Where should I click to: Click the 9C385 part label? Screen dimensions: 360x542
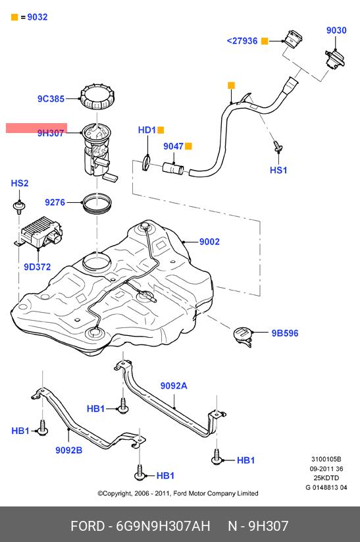pos(51,99)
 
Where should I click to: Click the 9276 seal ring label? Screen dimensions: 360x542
pos(55,202)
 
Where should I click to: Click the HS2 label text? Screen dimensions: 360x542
pos(20,183)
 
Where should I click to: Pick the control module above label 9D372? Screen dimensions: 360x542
pos(40,232)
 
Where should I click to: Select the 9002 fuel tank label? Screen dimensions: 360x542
pos(209,242)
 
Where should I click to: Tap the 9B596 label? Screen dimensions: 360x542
pos(285,333)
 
